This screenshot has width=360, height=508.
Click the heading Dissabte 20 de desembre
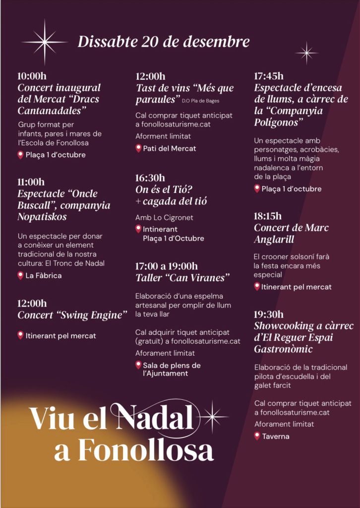coord(164,42)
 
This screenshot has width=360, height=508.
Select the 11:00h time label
coord(31,182)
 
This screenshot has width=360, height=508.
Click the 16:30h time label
coord(150,178)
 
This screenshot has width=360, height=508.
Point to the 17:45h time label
coord(269,76)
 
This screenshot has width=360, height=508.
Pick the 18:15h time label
coord(268,216)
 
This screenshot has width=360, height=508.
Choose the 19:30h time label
coord(269,314)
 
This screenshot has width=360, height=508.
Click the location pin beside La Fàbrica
coord(21,275)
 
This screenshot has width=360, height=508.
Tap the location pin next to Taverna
coord(257,436)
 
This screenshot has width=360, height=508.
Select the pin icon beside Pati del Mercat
coord(138,148)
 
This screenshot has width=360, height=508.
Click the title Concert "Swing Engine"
coord(72,315)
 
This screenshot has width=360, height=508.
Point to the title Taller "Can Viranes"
coord(183,278)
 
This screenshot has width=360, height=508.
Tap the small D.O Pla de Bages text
coord(200,101)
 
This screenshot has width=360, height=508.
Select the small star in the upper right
coord(306,52)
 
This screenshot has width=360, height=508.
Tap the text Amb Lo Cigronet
coord(164,217)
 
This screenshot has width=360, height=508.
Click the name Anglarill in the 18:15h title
coord(281,240)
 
